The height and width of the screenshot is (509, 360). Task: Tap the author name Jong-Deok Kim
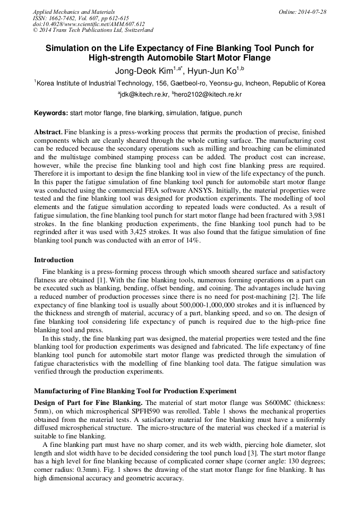[145, 70]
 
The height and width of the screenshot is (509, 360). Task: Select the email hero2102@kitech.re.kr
[210, 94]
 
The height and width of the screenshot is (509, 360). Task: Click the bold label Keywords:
[51, 113]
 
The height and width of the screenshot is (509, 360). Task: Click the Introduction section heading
[54, 260]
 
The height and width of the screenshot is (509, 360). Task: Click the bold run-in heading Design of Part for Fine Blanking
[89, 403]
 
